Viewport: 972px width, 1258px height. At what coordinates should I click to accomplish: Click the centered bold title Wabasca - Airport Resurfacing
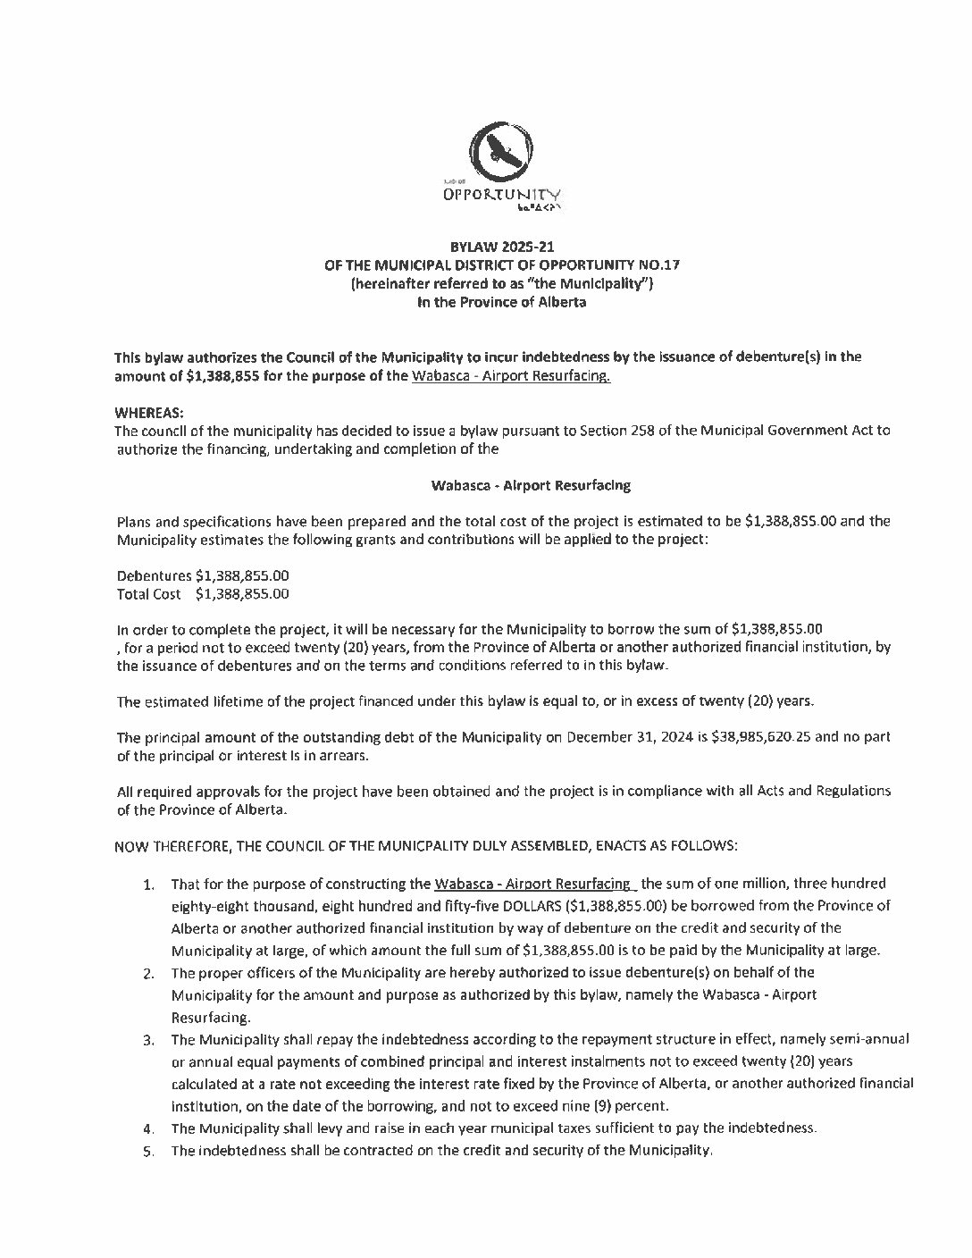531,485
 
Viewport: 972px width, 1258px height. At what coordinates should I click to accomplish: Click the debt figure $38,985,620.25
762,737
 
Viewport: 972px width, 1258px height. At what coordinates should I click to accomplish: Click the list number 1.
148,885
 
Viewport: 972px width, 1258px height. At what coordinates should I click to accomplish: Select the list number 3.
148,1040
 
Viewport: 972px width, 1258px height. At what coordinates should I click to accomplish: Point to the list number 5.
148,1151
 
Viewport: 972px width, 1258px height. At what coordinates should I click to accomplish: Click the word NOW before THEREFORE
132,844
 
